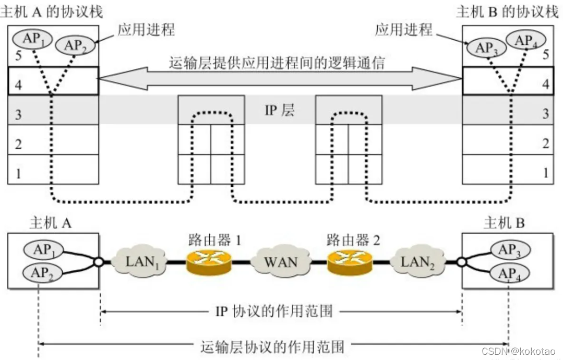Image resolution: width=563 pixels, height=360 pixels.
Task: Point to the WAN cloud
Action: pyautogui.click(x=281, y=261)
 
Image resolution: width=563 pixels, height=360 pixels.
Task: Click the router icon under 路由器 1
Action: pyautogui.click(x=208, y=260)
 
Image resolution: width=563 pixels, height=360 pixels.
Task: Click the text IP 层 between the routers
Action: pyautogui.click(x=280, y=111)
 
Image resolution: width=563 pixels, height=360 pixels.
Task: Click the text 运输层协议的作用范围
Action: pyautogui.click(x=273, y=346)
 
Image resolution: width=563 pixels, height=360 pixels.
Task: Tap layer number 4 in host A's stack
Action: pyautogui.click(x=18, y=85)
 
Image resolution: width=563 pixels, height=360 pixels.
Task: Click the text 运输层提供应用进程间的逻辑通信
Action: pyautogui.click(x=278, y=64)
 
